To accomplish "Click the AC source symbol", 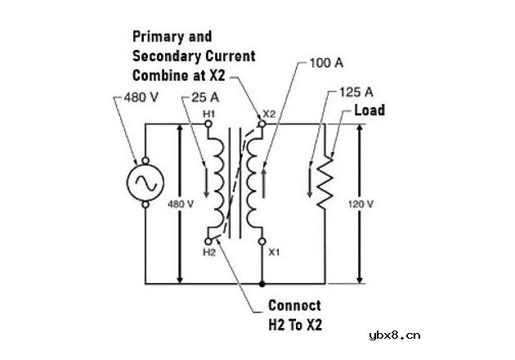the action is [x=146, y=182].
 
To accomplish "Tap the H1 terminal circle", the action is [x=208, y=124].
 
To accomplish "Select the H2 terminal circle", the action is [x=208, y=241].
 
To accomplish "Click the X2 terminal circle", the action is [x=262, y=124].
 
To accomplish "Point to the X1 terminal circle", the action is [x=262, y=241].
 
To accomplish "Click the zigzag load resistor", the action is [x=325, y=182].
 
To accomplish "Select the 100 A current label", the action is [x=326, y=63].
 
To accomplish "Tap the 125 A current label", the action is [x=356, y=92].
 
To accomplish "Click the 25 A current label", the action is [x=205, y=97].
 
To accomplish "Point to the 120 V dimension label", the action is [x=360, y=205].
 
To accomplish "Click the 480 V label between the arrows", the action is [x=181, y=205].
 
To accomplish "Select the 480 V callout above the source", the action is [x=141, y=97].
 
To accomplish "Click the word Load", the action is [x=369, y=110].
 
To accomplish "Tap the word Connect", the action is [x=294, y=306].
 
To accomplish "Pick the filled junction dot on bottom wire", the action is [x=262, y=284].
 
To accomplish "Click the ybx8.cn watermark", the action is [x=395, y=335].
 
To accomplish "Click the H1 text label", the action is [x=209, y=114].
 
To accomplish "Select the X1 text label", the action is [x=274, y=252].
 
